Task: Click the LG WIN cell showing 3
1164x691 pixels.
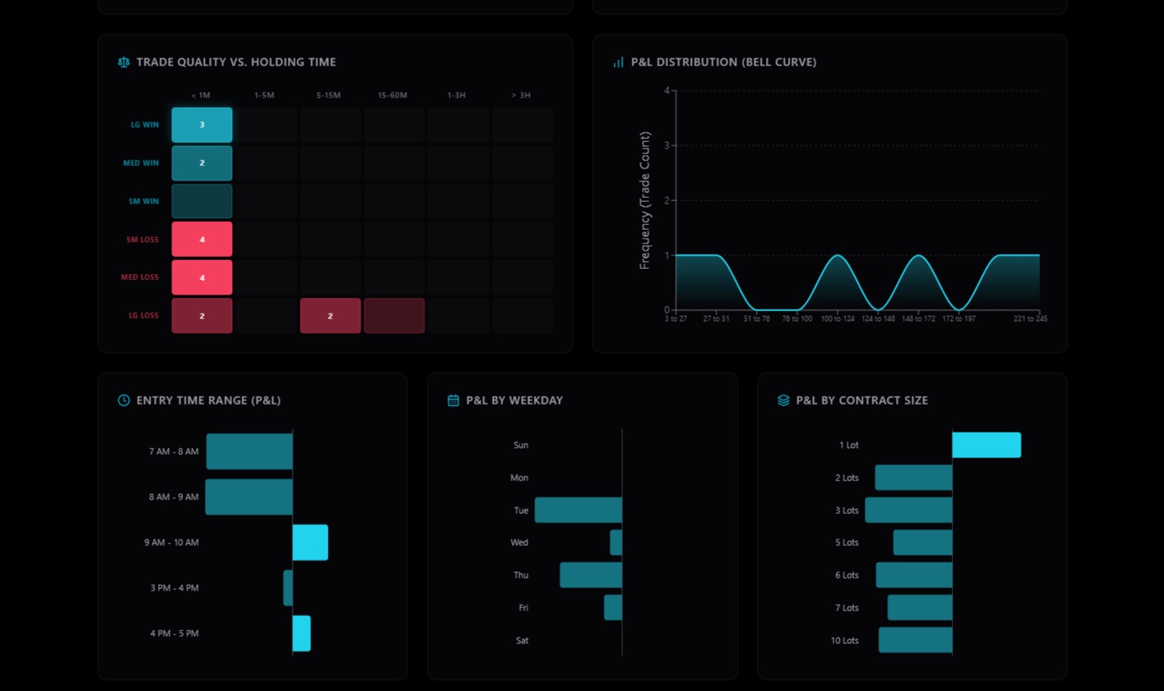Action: coord(202,125)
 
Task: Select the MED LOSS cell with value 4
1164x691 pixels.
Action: coord(202,278)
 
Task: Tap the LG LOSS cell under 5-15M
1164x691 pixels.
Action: coord(330,316)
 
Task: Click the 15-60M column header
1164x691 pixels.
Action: coord(393,96)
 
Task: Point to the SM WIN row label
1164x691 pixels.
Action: coord(144,202)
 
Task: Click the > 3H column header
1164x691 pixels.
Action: coord(521,96)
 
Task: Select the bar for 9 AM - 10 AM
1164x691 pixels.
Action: coord(310,543)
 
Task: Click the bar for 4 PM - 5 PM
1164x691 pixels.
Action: coord(302,634)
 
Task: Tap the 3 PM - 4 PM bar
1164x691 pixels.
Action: coord(288,588)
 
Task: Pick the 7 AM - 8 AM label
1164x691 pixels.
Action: coord(174,452)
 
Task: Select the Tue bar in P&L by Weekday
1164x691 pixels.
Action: coord(578,511)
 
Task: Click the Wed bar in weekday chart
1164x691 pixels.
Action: coord(616,543)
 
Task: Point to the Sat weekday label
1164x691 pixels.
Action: coord(522,641)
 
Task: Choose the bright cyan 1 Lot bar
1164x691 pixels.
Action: coord(987,445)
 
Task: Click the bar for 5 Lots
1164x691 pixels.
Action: coord(923,543)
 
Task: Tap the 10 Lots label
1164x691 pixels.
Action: coord(845,641)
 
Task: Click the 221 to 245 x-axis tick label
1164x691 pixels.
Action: coord(1030,319)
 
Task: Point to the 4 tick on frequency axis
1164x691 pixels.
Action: coord(667,91)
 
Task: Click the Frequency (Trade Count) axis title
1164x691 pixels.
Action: coord(645,200)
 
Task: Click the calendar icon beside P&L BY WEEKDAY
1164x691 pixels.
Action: coord(453,401)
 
